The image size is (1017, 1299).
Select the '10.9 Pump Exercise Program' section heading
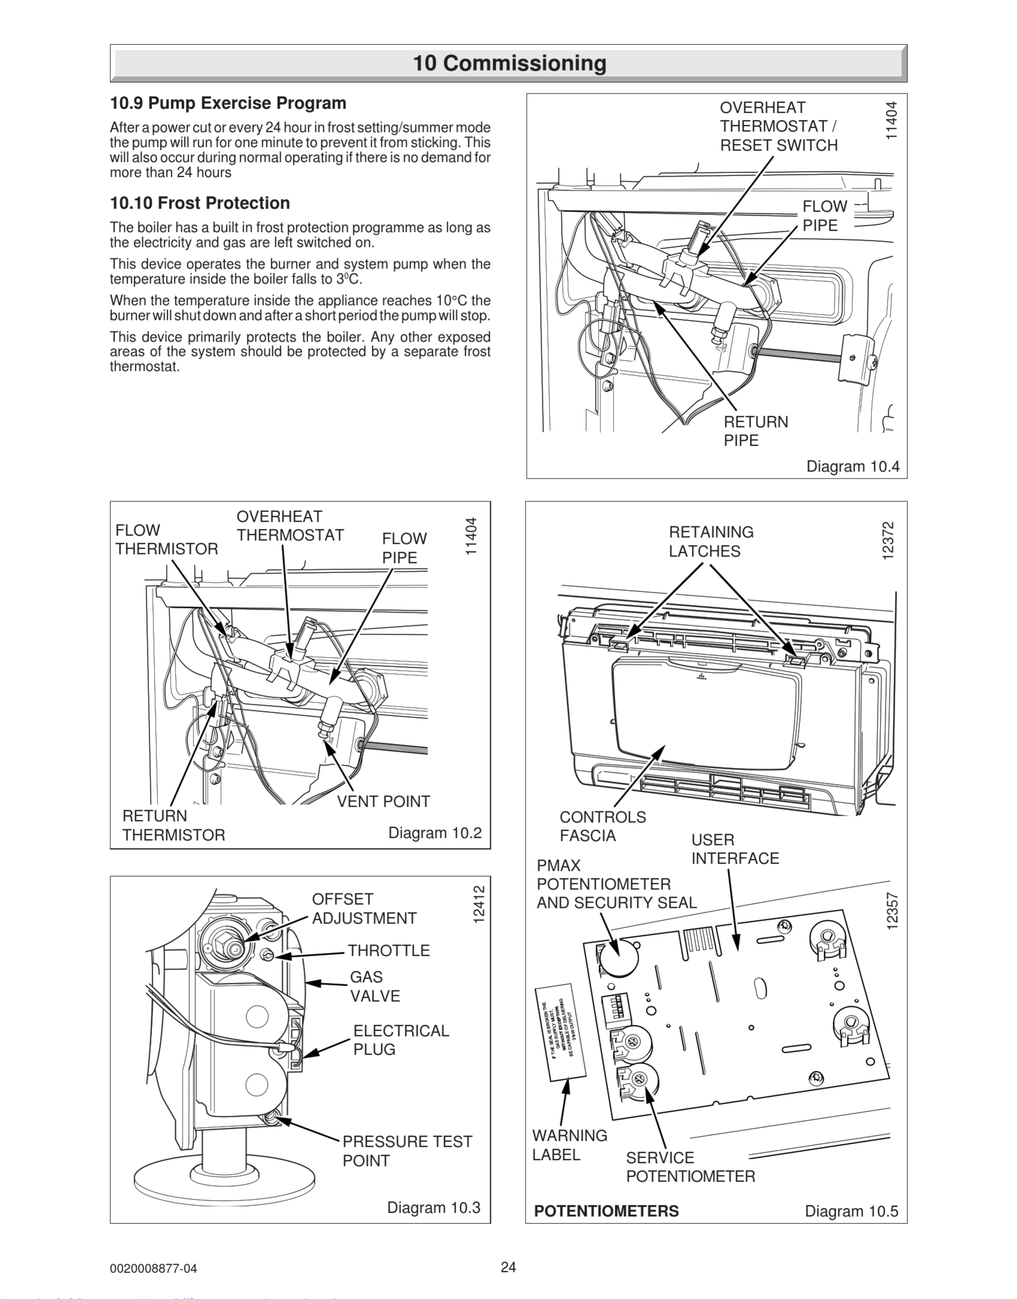point(228,103)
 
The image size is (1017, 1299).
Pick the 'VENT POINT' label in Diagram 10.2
point(383,802)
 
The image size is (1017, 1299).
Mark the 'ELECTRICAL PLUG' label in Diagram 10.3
point(401,1040)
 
